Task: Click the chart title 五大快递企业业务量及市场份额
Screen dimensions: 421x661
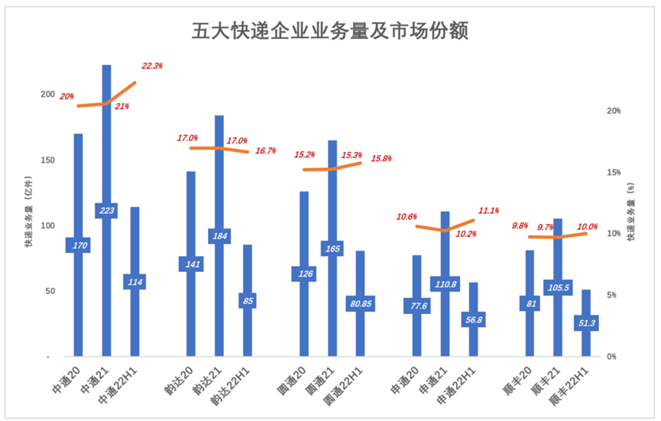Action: (x=329, y=31)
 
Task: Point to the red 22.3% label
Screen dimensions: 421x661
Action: (x=152, y=66)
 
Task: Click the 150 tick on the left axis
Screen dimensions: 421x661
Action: (x=48, y=160)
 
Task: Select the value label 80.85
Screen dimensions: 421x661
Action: (x=361, y=303)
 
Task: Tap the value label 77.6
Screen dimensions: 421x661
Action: (x=416, y=306)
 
